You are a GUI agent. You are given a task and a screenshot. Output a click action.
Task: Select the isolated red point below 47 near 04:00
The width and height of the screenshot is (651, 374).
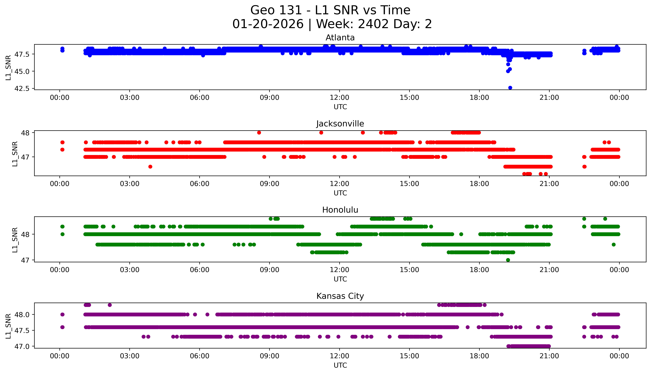[x=150, y=167]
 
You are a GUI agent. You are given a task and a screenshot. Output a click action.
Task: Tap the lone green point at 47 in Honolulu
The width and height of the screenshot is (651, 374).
[x=508, y=260]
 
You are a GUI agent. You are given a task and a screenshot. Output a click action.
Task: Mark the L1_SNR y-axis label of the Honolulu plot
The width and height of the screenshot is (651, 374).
[x=15, y=240]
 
